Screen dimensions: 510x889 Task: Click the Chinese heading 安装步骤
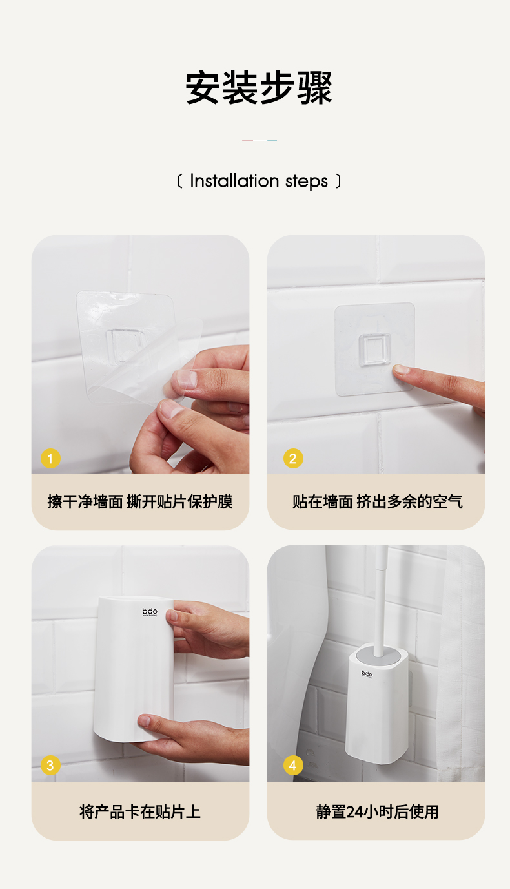(259, 87)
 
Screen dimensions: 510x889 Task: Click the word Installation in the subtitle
(234, 181)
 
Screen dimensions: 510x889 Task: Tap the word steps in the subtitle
(307, 182)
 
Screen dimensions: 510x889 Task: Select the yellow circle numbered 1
(50, 459)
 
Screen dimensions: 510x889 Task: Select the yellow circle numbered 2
(293, 459)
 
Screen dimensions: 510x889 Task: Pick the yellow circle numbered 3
(50, 765)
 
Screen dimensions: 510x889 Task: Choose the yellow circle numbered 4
(293, 765)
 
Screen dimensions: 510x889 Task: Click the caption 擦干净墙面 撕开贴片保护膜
(140, 501)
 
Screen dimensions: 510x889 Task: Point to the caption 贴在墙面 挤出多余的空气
(378, 501)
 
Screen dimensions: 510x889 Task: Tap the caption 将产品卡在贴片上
(140, 811)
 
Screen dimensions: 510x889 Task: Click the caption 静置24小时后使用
(377, 811)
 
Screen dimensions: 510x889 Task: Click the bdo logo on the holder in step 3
(150, 612)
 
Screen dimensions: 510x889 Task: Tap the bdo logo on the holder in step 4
(367, 674)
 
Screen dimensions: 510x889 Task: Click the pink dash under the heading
(247, 140)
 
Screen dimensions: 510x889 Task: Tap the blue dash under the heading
(272, 140)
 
